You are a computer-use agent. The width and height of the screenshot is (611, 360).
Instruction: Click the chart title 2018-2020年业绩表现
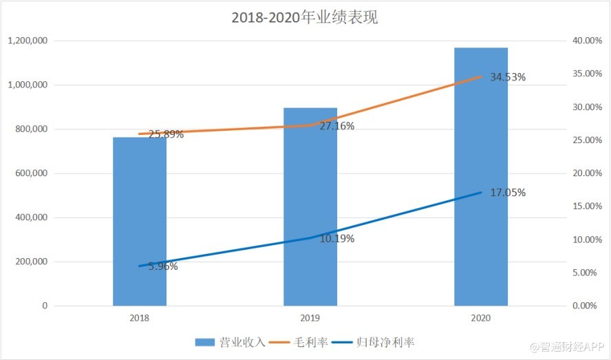click(x=305, y=18)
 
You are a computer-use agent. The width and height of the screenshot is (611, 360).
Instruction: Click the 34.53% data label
click(x=508, y=77)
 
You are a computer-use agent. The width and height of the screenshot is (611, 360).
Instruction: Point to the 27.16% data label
click(x=337, y=127)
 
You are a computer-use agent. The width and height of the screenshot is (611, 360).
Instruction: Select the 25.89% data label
click(x=166, y=134)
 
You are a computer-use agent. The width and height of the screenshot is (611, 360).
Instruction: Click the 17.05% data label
click(x=508, y=193)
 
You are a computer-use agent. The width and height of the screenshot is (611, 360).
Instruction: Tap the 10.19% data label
click(x=337, y=239)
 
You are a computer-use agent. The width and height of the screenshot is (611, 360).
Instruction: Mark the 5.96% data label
click(x=162, y=266)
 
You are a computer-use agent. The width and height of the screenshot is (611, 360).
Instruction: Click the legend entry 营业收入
click(x=230, y=342)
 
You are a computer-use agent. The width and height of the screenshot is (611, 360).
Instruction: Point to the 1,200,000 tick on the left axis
click(x=28, y=41)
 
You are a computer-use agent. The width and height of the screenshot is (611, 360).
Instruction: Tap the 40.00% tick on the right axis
click(x=587, y=41)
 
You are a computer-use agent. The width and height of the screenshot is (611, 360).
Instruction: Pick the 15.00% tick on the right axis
click(x=587, y=207)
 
